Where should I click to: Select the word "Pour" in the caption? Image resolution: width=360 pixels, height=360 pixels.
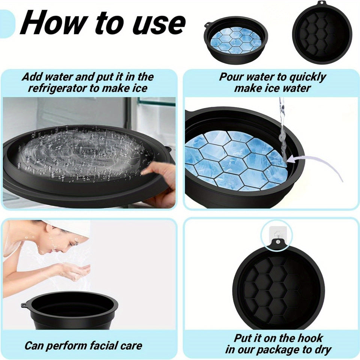(x=232, y=77)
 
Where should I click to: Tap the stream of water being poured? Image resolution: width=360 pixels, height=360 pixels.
(x=282, y=127)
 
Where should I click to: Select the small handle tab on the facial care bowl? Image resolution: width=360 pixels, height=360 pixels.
(x=24, y=304)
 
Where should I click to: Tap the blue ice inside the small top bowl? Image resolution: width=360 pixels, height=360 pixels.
(x=235, y=39)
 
